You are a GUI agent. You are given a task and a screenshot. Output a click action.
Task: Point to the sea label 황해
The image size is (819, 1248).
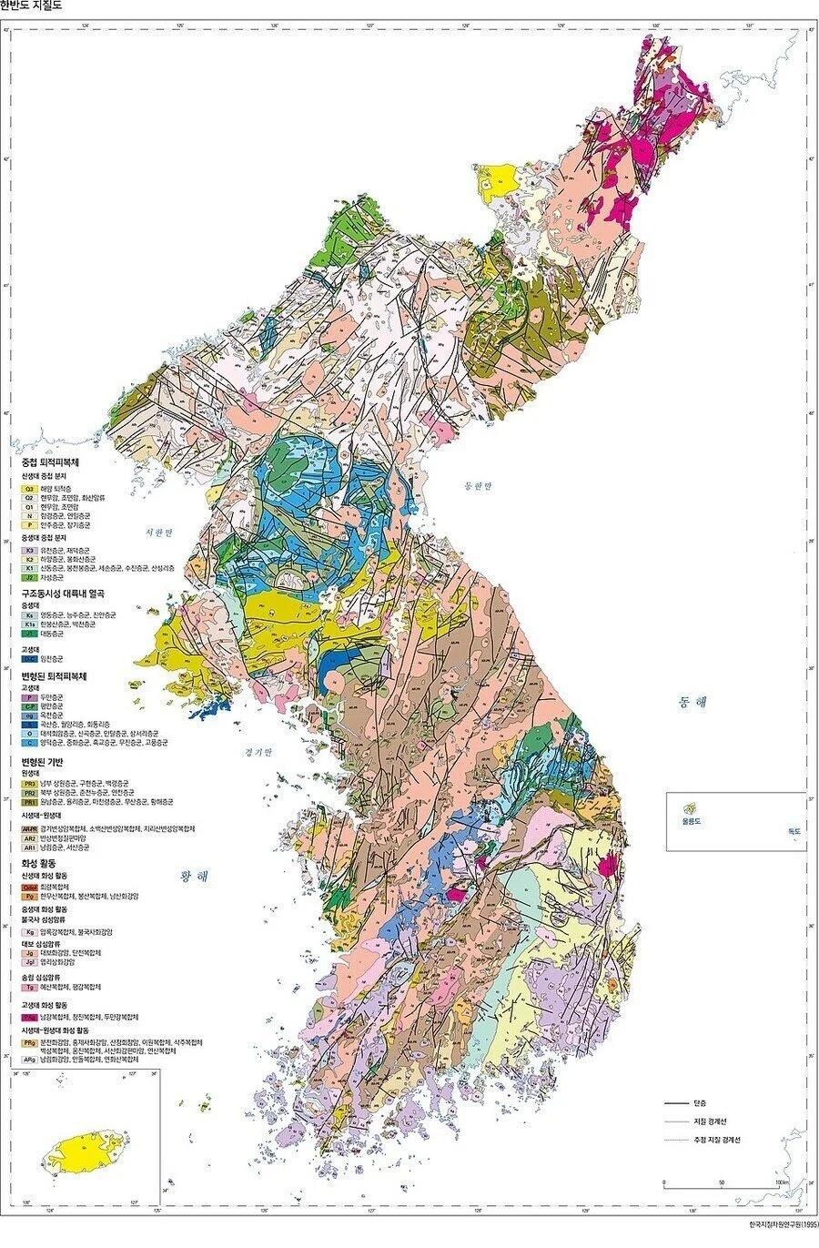coord(195,877)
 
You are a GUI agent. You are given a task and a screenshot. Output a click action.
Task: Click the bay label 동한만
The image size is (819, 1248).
coord(476,485)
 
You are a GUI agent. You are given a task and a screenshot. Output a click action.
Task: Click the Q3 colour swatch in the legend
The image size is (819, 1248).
coord(29,489)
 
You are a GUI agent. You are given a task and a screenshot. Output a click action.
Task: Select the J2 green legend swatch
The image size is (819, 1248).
coord(29,577)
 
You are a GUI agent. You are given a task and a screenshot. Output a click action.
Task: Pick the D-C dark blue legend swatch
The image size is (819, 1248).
coord(29,657)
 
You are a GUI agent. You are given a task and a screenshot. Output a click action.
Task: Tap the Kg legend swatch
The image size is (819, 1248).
coord(29,932)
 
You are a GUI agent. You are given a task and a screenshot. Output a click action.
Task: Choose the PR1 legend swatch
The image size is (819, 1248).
coord(29,802)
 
